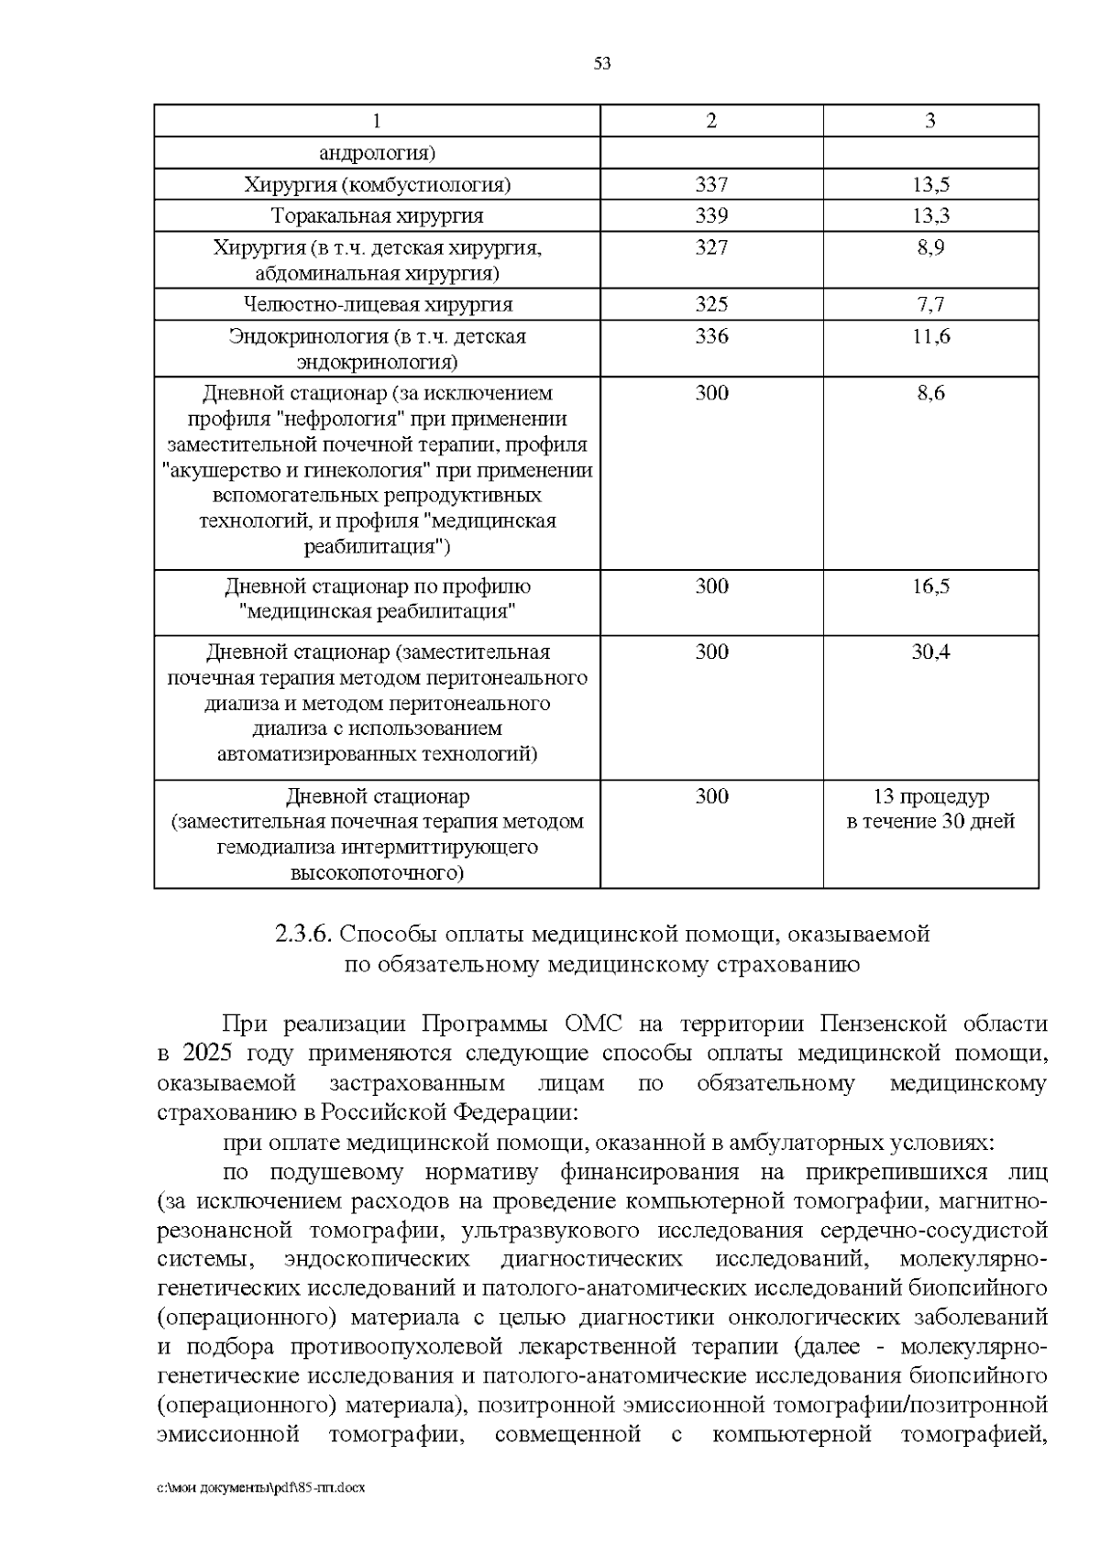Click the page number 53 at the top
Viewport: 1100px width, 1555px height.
coord(602,63)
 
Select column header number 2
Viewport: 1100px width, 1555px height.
coord(711,121)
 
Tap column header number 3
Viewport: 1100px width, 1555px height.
coord(930,121)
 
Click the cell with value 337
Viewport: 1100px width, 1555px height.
coord(711,184)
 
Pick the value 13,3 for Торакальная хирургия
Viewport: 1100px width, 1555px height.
coord(930,215)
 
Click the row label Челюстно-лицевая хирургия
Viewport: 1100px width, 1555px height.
coord(378,304)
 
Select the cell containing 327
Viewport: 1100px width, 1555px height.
coord(711,247)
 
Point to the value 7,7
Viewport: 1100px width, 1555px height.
coord(930,304)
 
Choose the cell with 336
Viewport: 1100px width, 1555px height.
coord(711,336)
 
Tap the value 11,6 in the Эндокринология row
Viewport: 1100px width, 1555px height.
coord(930,336)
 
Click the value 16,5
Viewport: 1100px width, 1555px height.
coord(930,586)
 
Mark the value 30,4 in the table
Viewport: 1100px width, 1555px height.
coord(930,652)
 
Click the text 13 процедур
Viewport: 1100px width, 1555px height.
coord(930,795)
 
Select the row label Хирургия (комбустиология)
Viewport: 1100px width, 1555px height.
coord(378,184)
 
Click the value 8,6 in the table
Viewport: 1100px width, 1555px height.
coord(930,393)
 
